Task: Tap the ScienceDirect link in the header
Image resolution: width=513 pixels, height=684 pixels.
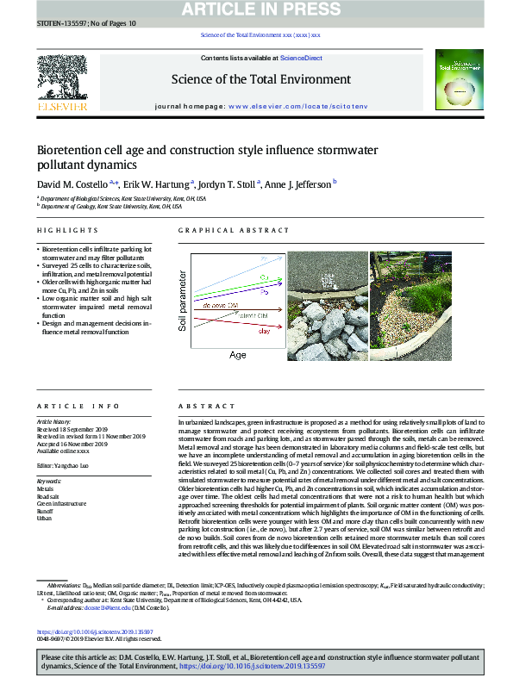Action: point(302,58)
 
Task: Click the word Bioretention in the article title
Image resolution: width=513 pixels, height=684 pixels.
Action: point(80,149)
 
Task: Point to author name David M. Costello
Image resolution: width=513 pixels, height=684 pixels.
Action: point(72,184)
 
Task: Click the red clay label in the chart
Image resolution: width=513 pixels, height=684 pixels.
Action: point(265,330)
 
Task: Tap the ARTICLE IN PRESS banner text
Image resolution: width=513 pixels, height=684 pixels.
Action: point(256,9)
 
